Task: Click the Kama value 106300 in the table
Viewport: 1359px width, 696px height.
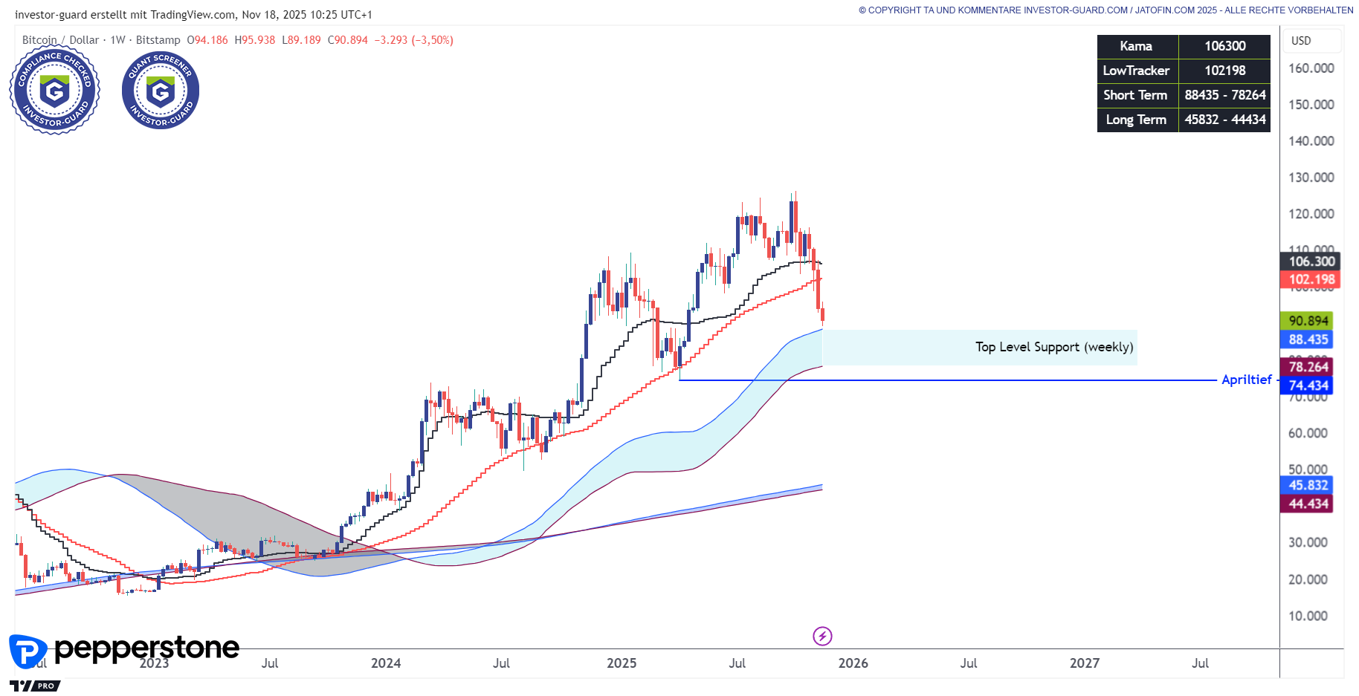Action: [1224, 46]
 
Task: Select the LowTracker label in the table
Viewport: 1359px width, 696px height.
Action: [1136, 71]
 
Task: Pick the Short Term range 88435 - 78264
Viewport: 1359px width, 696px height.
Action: [1224, 95]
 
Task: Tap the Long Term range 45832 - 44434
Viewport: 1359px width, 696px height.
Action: [1224, 120]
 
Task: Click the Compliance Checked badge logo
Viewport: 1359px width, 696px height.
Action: [54, 91]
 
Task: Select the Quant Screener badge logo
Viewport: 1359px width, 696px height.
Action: [161, 91]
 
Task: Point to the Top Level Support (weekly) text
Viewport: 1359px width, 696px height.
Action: [1054, 347]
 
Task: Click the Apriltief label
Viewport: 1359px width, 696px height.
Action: [1246, 380]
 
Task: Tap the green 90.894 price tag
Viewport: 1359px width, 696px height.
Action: [1307, 321]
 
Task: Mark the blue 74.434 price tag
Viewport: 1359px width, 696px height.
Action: [1307, 386]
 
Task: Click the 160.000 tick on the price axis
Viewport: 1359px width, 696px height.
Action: [1311, 68]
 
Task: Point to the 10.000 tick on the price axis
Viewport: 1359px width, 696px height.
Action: [1308, 616]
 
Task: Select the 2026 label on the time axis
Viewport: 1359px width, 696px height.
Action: [853, 663]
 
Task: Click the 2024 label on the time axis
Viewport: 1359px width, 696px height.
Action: [386, 663]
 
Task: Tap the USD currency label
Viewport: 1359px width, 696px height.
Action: [1301, 41]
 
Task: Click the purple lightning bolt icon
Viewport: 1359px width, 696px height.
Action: [822, 636]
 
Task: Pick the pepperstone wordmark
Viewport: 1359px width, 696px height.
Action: [146, 648]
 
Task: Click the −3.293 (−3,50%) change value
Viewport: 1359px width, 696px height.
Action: [413, 40]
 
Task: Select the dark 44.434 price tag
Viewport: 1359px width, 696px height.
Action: [1307, 504]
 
